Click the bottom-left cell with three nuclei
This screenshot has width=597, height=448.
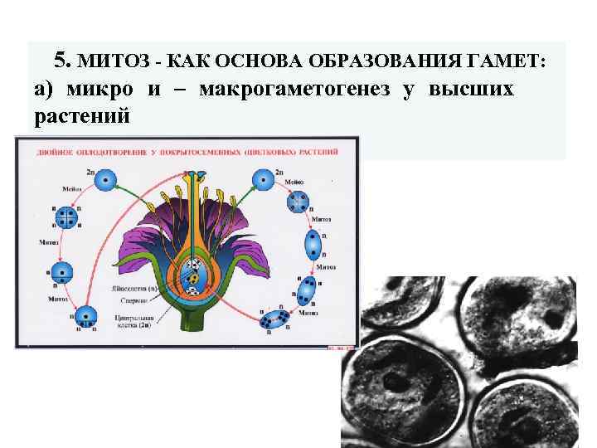(85, 317)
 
